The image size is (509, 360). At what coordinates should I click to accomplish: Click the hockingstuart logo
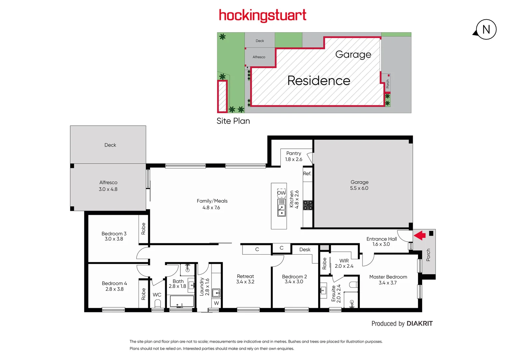coord(262,15)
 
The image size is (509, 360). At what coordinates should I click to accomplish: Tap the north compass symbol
coord(486,30)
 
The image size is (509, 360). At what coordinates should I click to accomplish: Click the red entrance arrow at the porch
coord(420,236)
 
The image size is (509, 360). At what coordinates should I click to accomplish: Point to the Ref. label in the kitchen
coord(307,174)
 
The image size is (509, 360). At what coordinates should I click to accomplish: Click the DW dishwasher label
coord(281,193)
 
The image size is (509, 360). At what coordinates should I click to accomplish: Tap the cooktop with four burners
coord(308,205)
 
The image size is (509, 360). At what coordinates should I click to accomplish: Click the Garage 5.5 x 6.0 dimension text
coord(359,188)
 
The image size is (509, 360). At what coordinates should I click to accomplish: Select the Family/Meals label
coord(212,201)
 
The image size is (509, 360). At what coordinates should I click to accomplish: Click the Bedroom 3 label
coord(114,234)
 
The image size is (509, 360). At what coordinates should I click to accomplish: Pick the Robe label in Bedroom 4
coord(144,294)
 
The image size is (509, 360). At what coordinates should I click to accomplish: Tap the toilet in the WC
coord(158,304)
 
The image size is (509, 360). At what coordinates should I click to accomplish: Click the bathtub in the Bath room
coord(182,301)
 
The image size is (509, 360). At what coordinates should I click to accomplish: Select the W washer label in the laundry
coord(217,303)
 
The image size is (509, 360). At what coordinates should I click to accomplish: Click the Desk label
coord(304,250)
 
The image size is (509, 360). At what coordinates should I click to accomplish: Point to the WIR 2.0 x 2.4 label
coord(344,263)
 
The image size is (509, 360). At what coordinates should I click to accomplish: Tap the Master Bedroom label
coord(388,277)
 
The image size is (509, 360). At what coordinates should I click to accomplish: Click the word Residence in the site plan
coord(318,81)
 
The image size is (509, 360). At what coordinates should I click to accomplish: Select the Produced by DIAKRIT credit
coord(402,324)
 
